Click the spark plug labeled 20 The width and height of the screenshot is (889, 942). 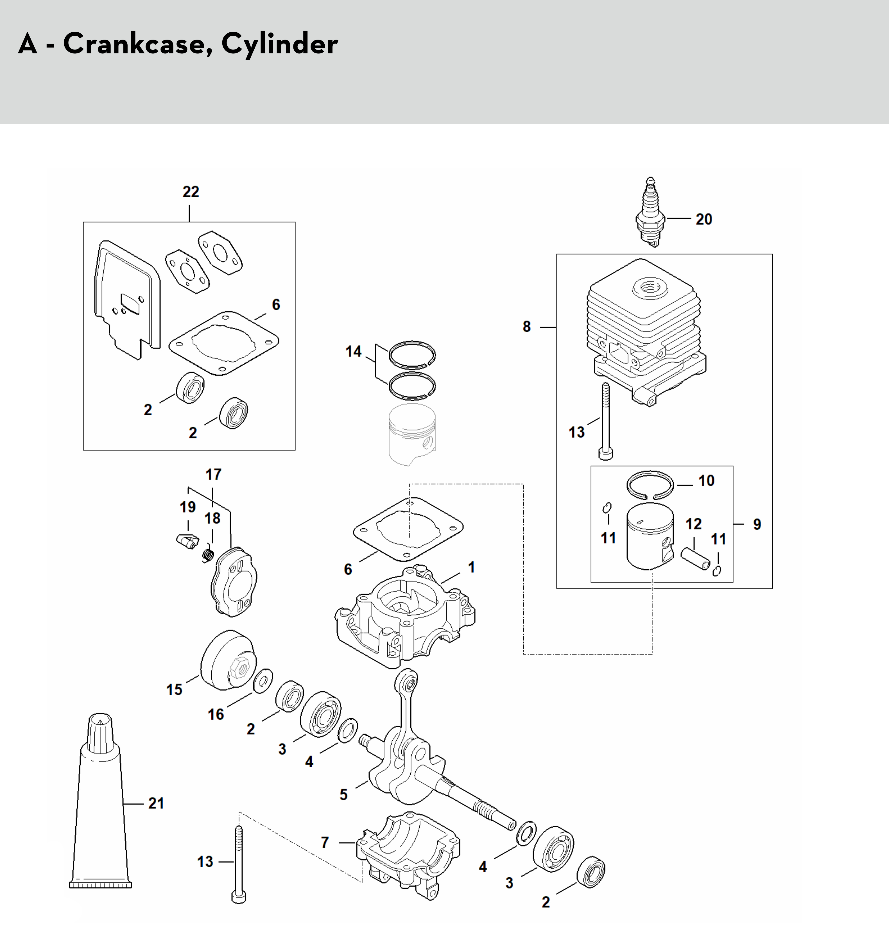coord(650,212)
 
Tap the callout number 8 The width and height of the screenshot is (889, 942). coord(526,327)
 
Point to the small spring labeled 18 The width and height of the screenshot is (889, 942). coord(207,555)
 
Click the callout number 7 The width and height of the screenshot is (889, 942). coord(325,842)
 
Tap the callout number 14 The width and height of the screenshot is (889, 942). coord(354,351)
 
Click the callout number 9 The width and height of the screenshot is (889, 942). coord(757,524)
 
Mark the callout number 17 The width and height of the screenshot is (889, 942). coord(213,474)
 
